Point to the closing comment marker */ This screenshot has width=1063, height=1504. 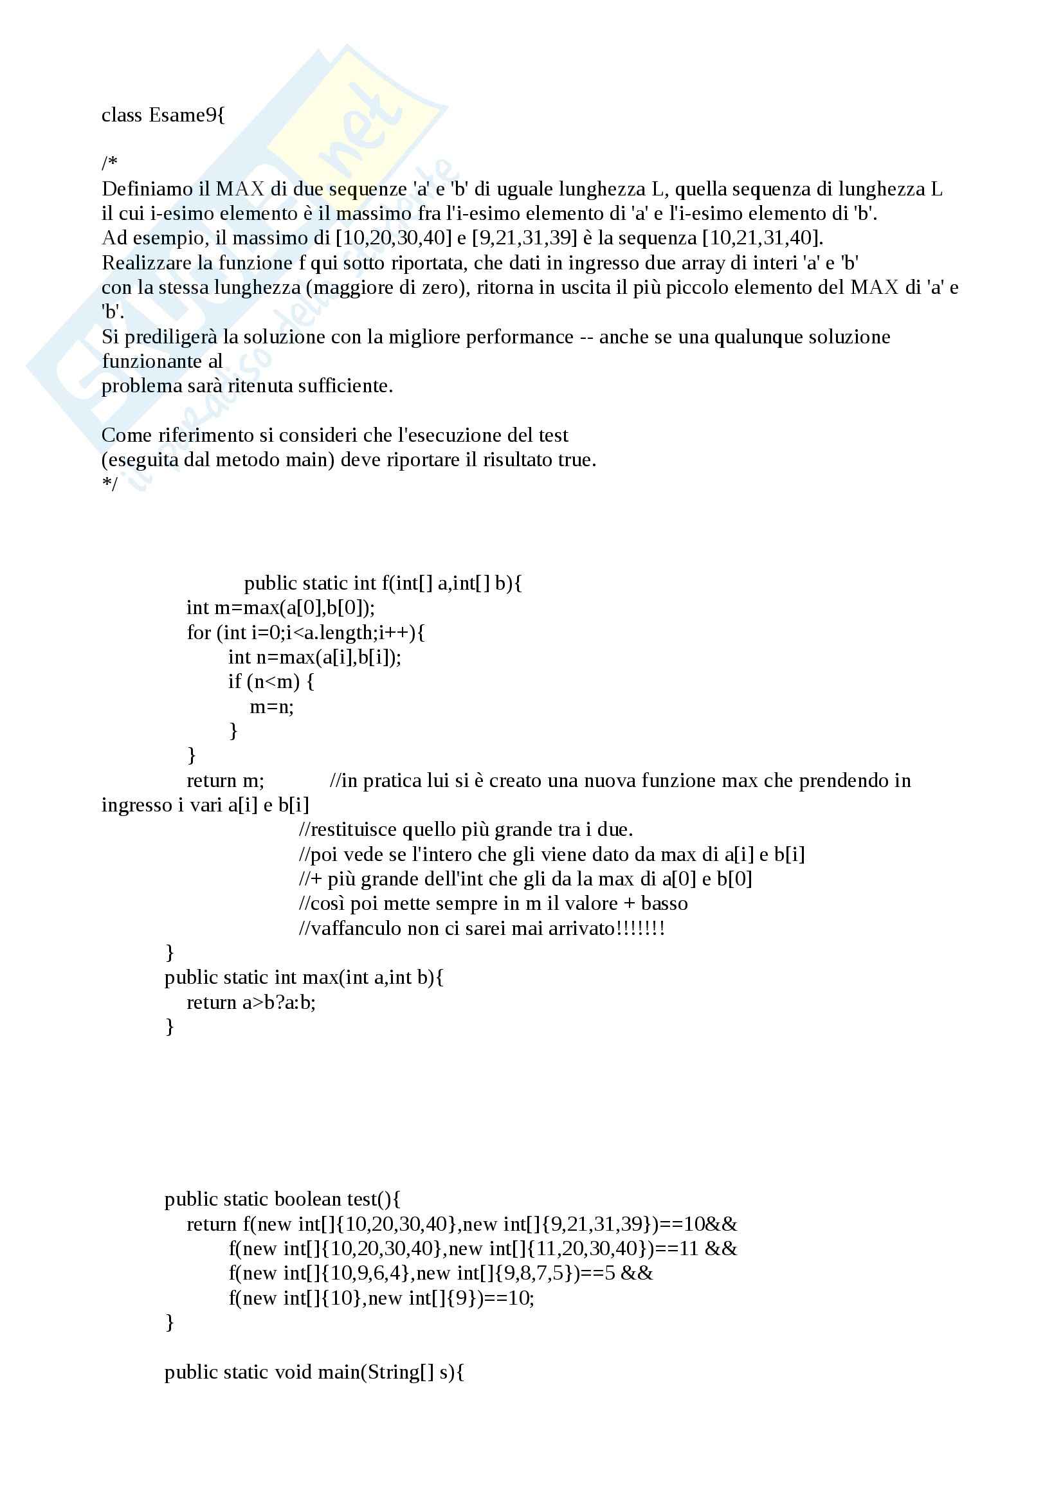(x=109, y=484)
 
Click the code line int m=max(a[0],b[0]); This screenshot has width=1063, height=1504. (x=280, y=608)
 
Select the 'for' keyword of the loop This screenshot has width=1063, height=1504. (x=199, y=633)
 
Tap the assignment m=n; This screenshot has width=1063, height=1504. (x=272, y=707)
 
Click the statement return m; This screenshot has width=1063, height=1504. (x=225, y=781)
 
